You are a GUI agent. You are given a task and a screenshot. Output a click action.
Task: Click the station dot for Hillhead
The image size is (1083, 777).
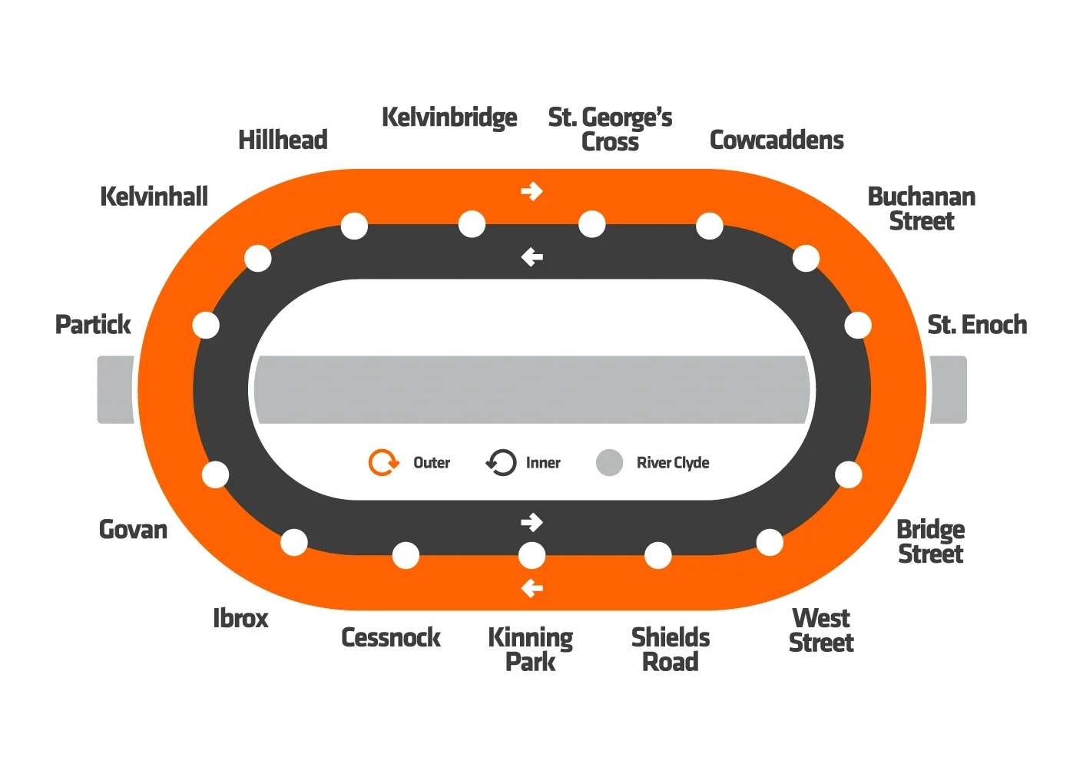(x=354, y=226)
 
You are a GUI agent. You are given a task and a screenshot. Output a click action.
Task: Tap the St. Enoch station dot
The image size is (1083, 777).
(x=858, y=325)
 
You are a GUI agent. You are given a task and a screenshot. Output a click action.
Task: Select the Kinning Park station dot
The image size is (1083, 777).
(x=532, y=555)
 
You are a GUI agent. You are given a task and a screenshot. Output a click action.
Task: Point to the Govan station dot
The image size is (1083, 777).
(x=215, y=474)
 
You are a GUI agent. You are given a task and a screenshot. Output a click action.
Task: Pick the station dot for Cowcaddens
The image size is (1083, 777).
(x=709, y=226)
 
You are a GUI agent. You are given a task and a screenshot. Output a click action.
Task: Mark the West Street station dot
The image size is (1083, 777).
(x=769, y=543)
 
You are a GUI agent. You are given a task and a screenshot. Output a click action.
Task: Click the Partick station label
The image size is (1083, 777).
(x=93, y=325)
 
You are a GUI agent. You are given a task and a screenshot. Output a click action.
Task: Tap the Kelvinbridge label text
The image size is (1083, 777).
(x=449, y=117)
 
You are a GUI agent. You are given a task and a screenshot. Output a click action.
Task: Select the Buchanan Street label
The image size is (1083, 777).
(x=921, y=208)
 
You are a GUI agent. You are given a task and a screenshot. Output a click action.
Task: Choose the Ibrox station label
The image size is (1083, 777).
(x=240, y=618)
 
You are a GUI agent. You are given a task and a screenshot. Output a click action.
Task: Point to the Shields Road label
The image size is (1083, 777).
(x=670, y=650)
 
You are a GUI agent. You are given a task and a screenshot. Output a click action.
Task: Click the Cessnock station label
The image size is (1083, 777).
(x=390, y=637)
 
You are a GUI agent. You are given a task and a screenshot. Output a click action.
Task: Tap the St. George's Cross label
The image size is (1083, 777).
(x=610, y=129)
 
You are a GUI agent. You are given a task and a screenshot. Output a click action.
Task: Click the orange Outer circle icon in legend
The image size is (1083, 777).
(x=383, y=462)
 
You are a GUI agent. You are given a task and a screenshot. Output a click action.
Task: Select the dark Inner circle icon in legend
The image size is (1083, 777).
(x=501, y=462)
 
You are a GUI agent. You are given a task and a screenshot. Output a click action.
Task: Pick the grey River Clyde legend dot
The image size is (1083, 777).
(x=609, y=462)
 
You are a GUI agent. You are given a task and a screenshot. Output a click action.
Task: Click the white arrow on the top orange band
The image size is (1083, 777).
(x=532, y=191)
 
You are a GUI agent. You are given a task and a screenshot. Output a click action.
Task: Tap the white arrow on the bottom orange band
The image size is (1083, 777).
(x=532, y=589)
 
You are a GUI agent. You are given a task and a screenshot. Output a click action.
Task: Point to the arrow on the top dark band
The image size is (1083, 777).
(x=532, y=257)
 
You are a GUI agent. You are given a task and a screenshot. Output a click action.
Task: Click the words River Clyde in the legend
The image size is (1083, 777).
(x=673, y=462)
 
